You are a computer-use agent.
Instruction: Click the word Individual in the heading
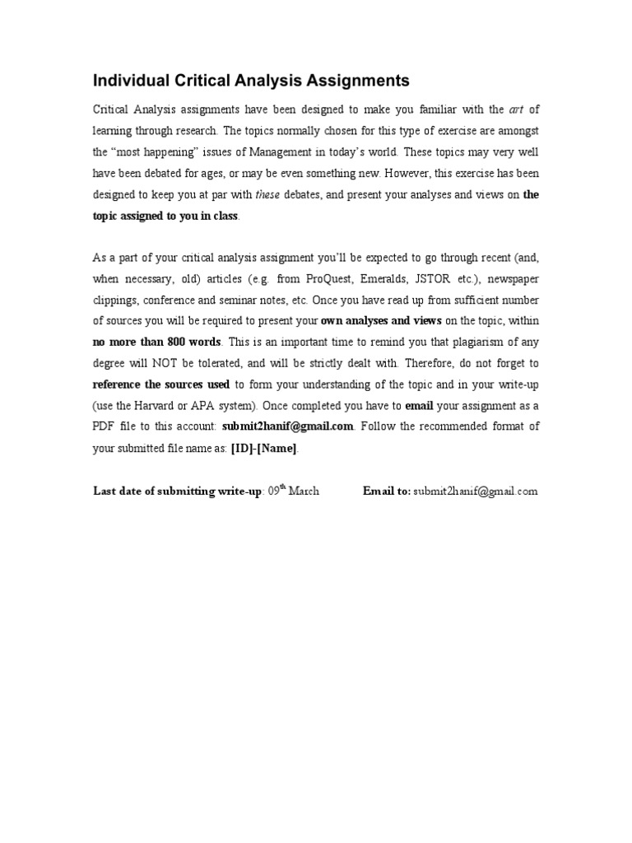(129, 81)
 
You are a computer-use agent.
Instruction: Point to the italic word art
(518, 109)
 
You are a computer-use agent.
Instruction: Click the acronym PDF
(106, 426)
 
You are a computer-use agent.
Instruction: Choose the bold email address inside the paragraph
(288, 426)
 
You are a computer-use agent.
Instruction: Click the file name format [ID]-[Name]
(265, 448)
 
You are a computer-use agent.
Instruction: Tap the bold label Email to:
(387, 491)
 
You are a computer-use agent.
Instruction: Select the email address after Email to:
(476, 491)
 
